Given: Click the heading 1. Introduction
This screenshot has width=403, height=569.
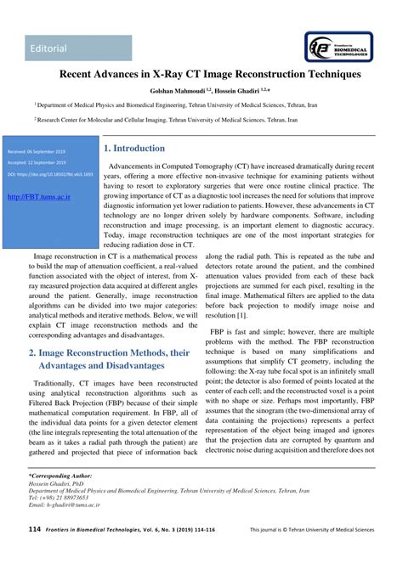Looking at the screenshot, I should click(x=134, y=149).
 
